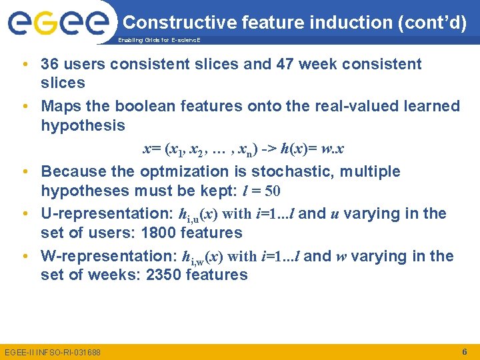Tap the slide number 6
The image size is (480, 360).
[x=464, y=351]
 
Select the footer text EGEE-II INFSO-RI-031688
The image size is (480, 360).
[x=52, y=351]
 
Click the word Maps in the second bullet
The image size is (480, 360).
[x=59, y=106]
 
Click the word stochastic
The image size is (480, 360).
[x=298, y=171]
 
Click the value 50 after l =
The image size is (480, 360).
[x=273, y=191]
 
